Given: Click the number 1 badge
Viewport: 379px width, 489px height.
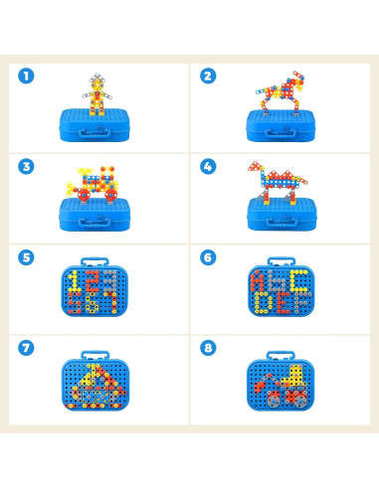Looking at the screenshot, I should tap(27, 76).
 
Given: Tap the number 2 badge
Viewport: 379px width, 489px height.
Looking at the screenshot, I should tap(208, 76).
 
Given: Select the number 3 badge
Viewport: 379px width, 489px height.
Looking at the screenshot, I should tap(27, 166).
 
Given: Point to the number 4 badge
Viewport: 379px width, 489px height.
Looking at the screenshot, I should tap(208, 166).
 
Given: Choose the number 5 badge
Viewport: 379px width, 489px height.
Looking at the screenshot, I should tap(27, 256).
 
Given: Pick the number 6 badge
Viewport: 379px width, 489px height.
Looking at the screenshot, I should tap(208, 256).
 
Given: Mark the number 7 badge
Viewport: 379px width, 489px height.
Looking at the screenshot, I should tap(27, 348).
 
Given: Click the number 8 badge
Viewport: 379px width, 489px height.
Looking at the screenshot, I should tap(208, 348).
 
